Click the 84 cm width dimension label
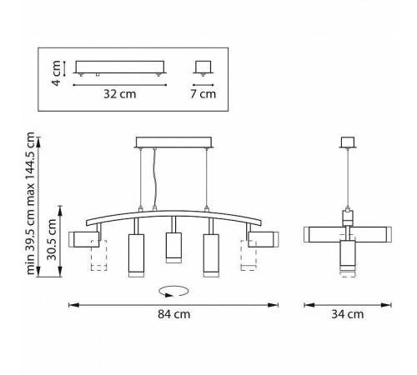click(x=174, y=314)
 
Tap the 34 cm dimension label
click(x=348, y=314)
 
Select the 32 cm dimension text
click(x=120, y=94)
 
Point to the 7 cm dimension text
click(x=203, y=94)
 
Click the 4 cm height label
click(x=57, y=73)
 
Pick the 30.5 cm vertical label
click(x=52, y=239)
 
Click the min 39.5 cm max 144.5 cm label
click(x=30, y=203)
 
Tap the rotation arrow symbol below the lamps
click(x=173, y=292)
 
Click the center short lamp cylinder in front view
click(x=173, y=247)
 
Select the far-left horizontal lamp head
click(x=84, y=239)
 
